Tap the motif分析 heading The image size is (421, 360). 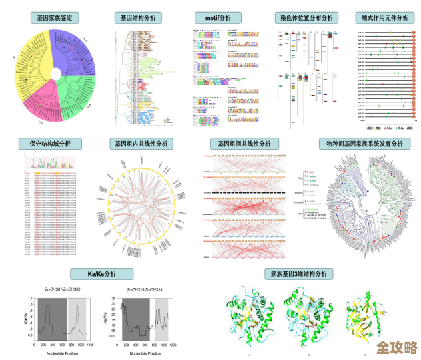click(217, 18)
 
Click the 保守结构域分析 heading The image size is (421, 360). click(55, 144)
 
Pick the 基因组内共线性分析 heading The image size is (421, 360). click(141, 144)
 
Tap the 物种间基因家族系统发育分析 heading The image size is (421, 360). click(364, 144)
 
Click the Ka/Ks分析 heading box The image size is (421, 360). click(102, 273)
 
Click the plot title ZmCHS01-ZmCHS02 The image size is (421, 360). click(63, 291)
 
